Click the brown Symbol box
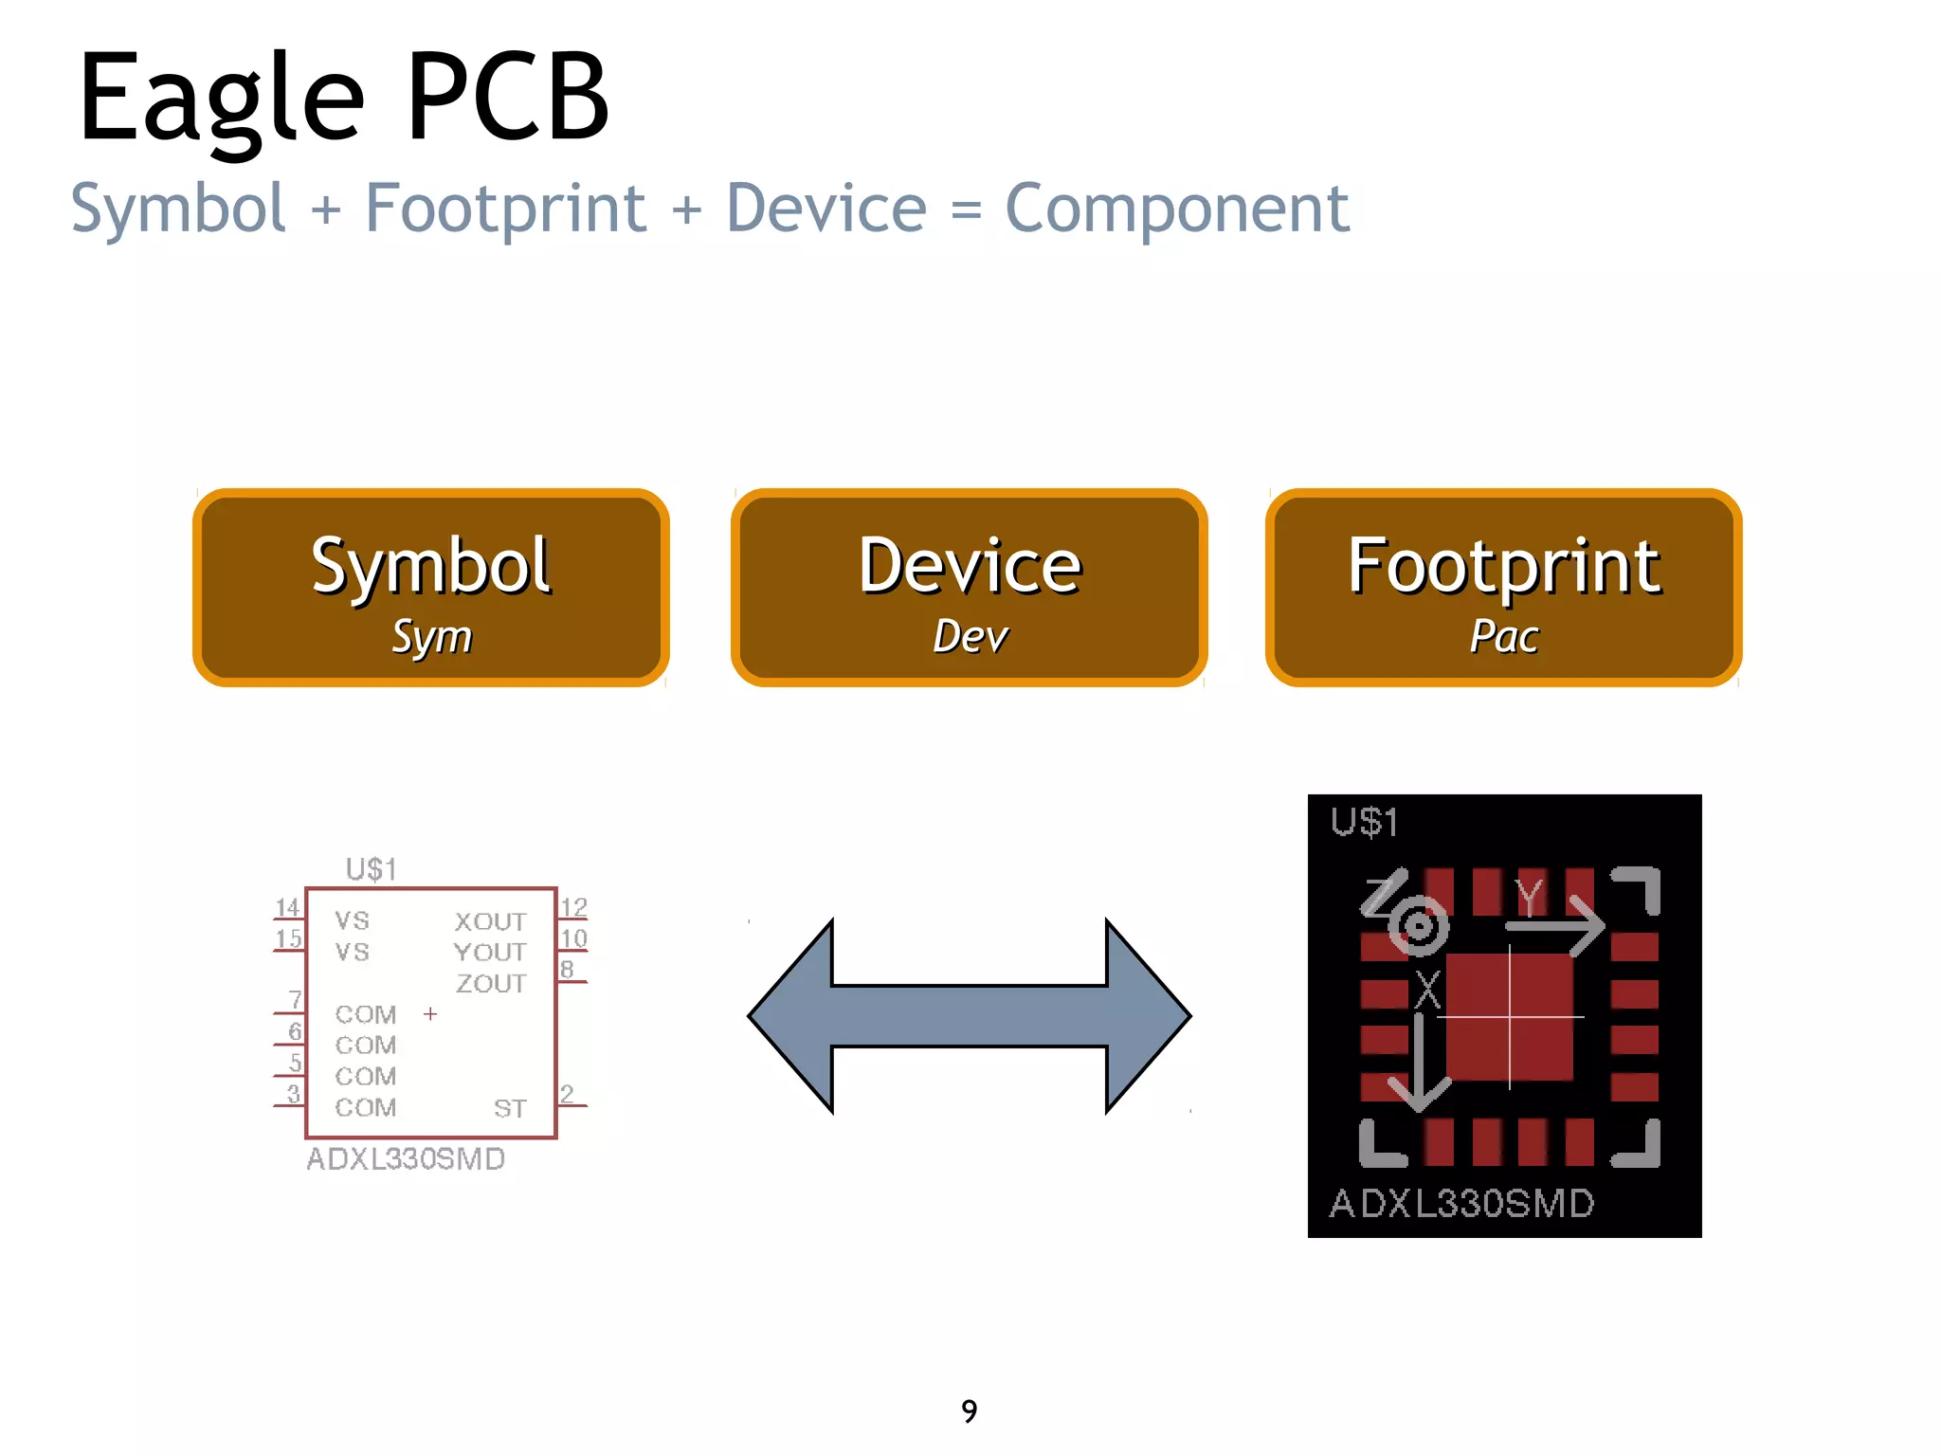coord(431,588)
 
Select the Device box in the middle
coord(969,588)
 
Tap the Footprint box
coord(1503,588)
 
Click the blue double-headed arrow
coord(969,1015)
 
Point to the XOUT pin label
coord(490,921)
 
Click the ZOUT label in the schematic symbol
coord(491,984)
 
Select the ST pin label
coord(510,1108)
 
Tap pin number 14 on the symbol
coord(287,908)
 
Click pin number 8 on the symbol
coord(567,970)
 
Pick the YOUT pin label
coord(490,953)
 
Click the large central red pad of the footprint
coord(1509,1017)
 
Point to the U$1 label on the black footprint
coord(1364,822)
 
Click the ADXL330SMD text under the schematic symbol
coord(406,1159)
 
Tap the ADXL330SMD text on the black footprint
coord(1461,1204)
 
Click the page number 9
coord(969,1411)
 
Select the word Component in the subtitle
coord(1176,209)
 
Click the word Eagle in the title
coord(221,99)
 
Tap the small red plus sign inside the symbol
coord(430,1014)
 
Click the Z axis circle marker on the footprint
coord(1418,924)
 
